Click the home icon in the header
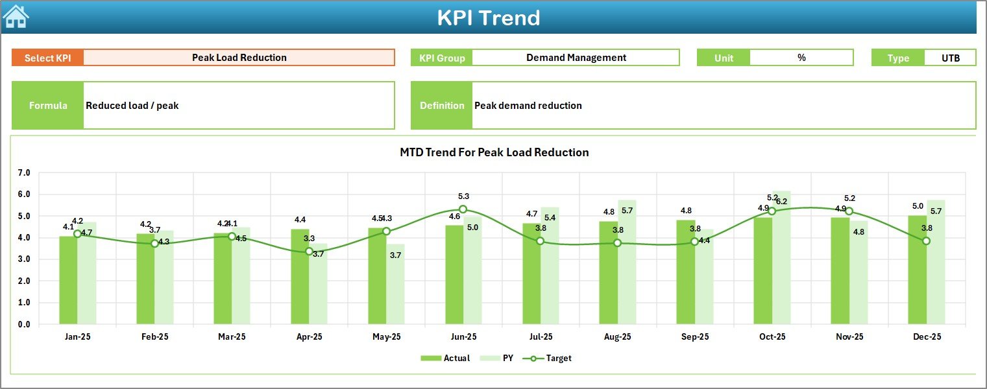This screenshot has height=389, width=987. point(16,17)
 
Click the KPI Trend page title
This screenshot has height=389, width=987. point(488,18)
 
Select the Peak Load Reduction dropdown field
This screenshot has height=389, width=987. point(239,58)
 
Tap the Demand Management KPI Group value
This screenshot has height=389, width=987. point(576,58)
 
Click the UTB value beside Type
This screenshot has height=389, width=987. point(950,58)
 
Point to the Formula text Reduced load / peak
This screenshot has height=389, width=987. point(132,106)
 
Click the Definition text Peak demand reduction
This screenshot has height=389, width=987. point(528,106)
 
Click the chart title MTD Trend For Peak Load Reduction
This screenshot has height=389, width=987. point(494,152)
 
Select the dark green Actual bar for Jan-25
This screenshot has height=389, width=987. point(68,280)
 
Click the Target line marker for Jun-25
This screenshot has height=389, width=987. point(463,209)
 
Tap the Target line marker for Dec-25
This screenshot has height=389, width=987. point(926,241)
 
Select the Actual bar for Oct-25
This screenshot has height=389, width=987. point(762,271)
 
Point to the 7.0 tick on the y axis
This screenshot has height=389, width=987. point(24,173)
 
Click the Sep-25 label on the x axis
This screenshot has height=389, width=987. point(695,337)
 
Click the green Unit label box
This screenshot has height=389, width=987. point(723,58)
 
